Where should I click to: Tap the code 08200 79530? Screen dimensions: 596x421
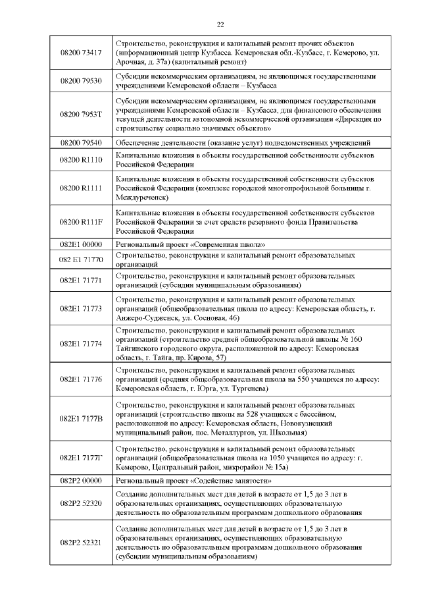pyautogui.click(x=80, y=80)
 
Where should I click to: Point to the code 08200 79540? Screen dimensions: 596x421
pyautogui.click(x=80, y=142)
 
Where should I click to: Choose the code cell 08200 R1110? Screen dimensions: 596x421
pyautogui.click(x=80, y=160)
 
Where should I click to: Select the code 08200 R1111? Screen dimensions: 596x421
pyautogui.click(x=80, y=188)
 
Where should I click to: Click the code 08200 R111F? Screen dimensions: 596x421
pyautogui.click(x=80, y=222)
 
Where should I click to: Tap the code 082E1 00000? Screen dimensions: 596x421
pyautogui.click(x=80, y=244)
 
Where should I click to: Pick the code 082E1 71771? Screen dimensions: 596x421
pyautogui.click(x=80, y=280)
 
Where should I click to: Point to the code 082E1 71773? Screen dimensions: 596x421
pyautogui.click(x=80, y=308)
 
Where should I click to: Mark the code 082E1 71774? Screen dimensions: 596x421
pyautogui.click(x=80, y=343)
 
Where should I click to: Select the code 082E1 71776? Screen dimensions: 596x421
pyautogui.click(x=80, y=379)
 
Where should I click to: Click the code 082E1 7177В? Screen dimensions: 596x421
pyautogui.click(x=80, y=419)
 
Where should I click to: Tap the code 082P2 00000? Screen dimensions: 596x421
pyautogui.click(x=80, y=481)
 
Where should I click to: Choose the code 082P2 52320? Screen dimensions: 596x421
pyautogui.click(x=80, y=503)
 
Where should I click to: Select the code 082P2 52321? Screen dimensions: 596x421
pyautogui.click(x=80, y=542)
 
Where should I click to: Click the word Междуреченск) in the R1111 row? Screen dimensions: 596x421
pyautogui.click(x=141, y=197)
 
